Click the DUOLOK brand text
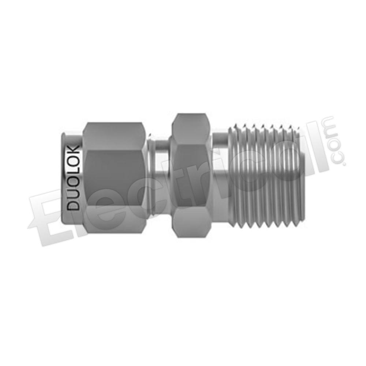[x=73, y=178]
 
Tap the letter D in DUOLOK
[x=73, y=205]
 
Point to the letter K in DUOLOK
[x=73, y=150]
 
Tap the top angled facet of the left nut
[x=114, y=136]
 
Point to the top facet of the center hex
[x=190, y=128]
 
